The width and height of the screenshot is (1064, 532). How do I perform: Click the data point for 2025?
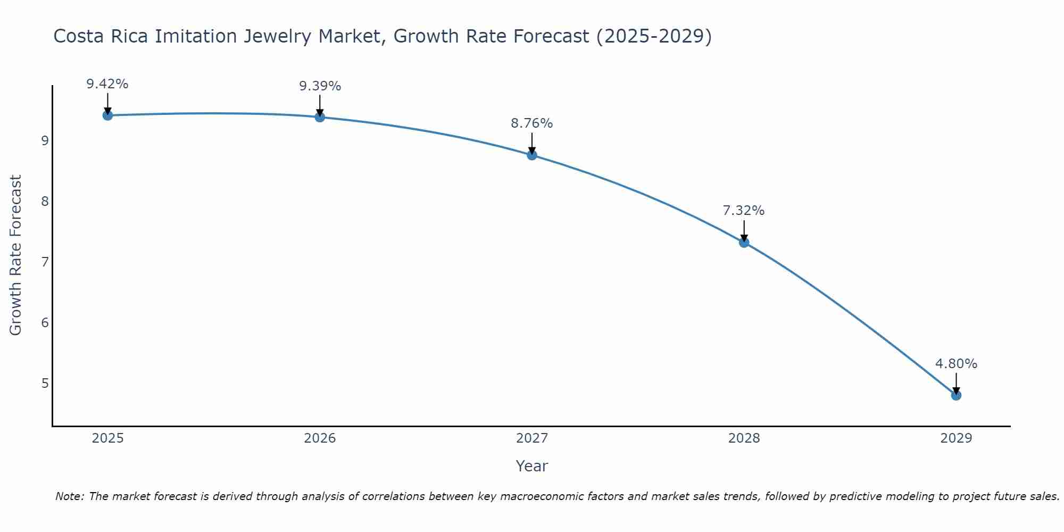pos(107,115)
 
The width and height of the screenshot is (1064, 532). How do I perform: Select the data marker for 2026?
pos(320,117)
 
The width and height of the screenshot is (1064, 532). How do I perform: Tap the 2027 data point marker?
pos(532,155)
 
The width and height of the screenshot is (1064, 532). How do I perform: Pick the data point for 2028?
pos(744,243)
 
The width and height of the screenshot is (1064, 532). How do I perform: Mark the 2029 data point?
pos(956,395)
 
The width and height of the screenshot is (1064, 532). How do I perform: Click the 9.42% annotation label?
pos(107,84)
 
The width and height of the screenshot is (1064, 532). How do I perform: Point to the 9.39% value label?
pos(320,86)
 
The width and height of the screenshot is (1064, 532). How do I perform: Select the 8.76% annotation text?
pos(532,123)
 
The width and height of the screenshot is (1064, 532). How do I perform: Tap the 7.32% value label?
pos(744,211)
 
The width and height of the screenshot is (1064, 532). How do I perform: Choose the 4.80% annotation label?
pos(956,364)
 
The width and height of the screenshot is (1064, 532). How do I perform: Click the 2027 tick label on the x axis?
pos(532,438)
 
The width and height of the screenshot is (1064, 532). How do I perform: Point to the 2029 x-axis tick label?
pos(956,438)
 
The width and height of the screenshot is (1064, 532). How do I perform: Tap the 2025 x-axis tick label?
pos(107,438)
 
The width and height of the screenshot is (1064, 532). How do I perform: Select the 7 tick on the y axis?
pos(45,262)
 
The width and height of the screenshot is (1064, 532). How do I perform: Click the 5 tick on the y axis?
pos(45,384)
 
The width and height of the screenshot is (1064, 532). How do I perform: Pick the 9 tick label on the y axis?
pos(45,141)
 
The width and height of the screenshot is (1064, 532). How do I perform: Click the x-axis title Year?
pos(532,466)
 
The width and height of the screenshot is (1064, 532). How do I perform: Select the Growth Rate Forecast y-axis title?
pos(16,255)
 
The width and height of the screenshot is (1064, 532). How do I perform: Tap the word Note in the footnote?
pos(69,496)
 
